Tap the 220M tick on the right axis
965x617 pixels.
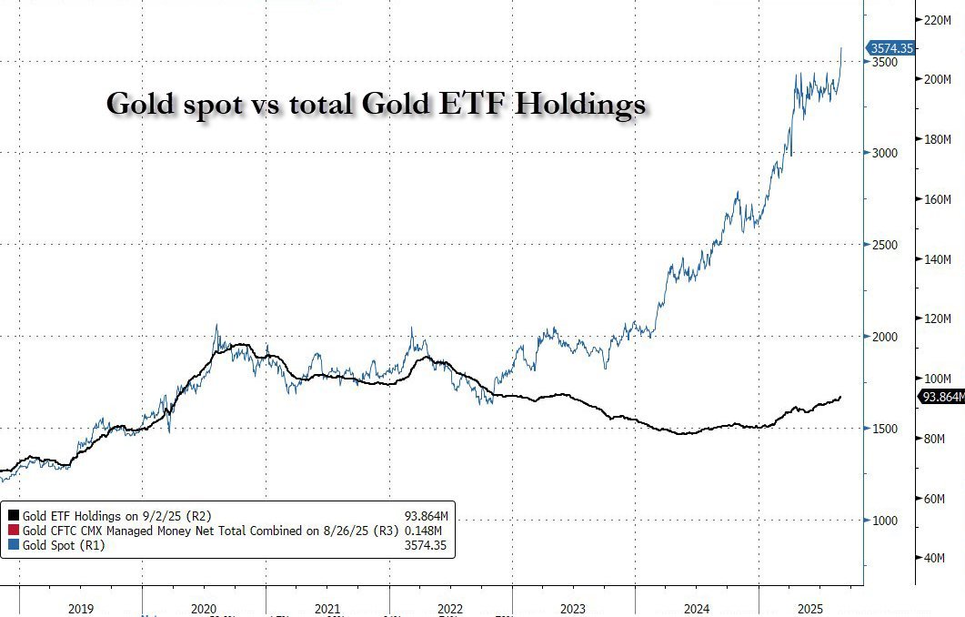[936, 19]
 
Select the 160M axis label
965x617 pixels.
[936, 199]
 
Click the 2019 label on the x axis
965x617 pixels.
[81, 607]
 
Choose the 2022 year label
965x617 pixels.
[450, 607]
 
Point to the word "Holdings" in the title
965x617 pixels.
[581, 106]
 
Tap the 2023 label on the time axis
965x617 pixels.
[573, 607]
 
